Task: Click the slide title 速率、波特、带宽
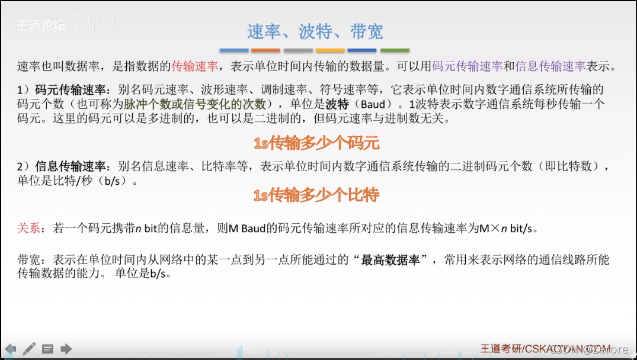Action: tap(315, 31)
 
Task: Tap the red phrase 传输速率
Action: tap(196, 66)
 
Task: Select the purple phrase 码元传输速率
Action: tap(468, 66)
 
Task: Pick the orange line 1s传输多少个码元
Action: tap(316, 143)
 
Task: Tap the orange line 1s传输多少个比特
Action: tap(316, 195)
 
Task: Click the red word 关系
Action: tap(29, 228)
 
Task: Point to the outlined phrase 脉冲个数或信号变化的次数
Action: tap(195, 104)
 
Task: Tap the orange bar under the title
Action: tap(266, 50)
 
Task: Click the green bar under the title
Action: tap(395, 50)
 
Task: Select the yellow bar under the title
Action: tap(331, 50)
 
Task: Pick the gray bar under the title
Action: tap(298, 50)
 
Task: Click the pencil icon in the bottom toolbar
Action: tap(29, 348)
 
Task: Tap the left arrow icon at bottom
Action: tap(10, 348)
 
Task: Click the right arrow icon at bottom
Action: tap(66, 348)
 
